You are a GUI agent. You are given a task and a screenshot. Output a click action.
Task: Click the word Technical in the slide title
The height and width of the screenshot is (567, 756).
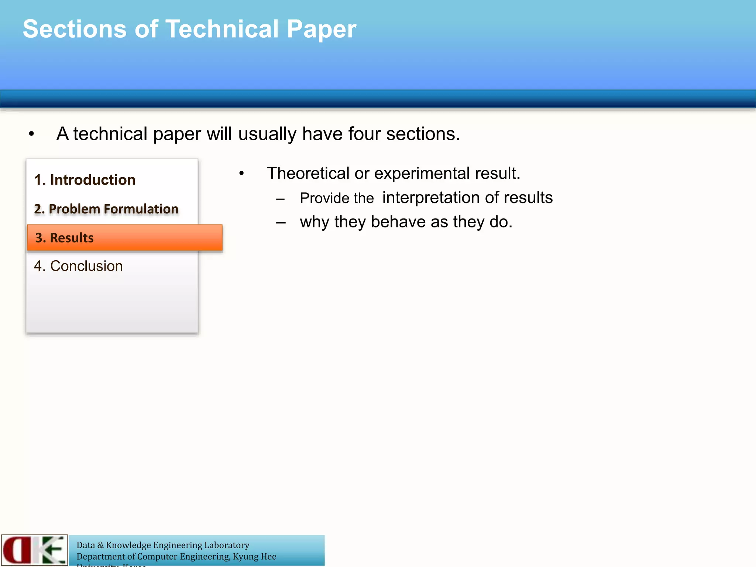pyautogui.click(x=222, y=29)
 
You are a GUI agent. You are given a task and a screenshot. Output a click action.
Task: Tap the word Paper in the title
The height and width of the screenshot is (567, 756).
pyautogui.click(x=321, y=30)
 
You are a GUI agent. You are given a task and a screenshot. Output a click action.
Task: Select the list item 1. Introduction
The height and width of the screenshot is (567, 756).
pyautogui.click(x=85, y=180)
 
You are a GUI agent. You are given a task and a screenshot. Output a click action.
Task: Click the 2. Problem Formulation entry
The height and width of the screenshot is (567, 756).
pyautogui.click(x=106, y=209)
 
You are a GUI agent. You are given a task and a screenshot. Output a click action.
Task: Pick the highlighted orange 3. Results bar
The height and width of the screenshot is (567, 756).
pyautogui.click(x=125, y=238)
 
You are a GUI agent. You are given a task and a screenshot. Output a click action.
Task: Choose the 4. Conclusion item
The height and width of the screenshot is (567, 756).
pyautogui.click(x=78, y=266)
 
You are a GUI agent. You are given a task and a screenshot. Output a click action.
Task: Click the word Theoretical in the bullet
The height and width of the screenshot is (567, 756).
pyautogui.click(x=308, y=173)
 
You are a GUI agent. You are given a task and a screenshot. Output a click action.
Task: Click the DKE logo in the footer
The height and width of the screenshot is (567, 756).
pyautogui.click(x=34, y=550)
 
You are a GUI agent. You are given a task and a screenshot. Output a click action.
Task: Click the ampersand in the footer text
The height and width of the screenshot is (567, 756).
pyautogui.click(x=100, y=545)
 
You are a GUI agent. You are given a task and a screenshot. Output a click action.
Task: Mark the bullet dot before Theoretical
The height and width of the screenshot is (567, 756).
pyautogui.click(x=241, y=173)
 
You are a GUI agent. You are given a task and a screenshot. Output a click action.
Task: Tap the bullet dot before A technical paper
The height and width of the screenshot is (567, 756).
pyautogui.click(x=31, y=134)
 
